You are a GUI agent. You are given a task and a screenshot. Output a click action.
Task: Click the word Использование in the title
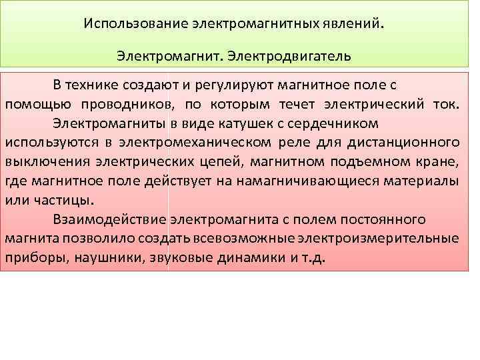(136, 24)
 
